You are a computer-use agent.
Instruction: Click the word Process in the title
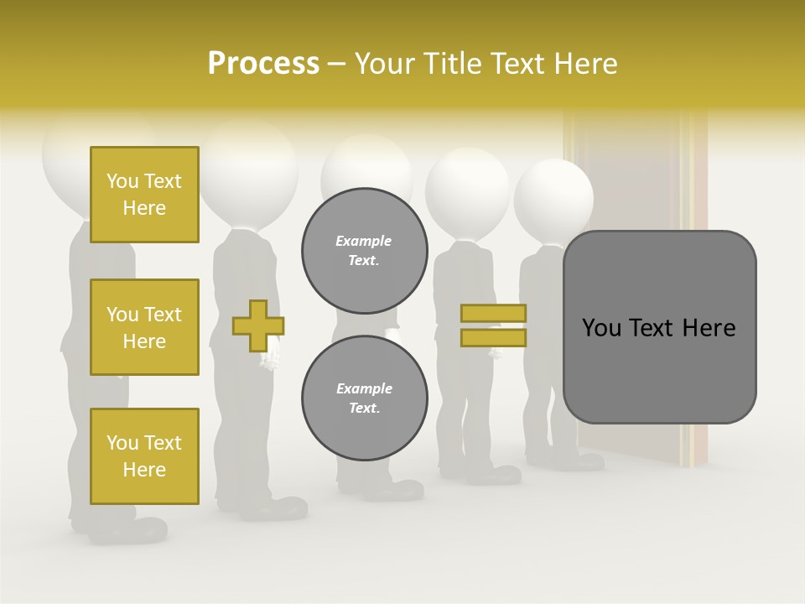[263, 64]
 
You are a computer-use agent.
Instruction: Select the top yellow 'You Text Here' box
[144, 195]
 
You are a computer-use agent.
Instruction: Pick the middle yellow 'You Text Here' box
[144, 327]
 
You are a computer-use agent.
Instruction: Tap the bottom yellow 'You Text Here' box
[144, 456]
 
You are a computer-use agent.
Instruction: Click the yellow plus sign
[258, 325]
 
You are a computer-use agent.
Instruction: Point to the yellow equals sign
[494, 325]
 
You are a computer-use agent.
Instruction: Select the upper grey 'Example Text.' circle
[364, 250]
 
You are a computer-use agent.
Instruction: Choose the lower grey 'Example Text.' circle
[364, 398]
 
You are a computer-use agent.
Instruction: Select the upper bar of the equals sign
[494, 314]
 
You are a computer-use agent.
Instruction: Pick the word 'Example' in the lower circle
[364, 388]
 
